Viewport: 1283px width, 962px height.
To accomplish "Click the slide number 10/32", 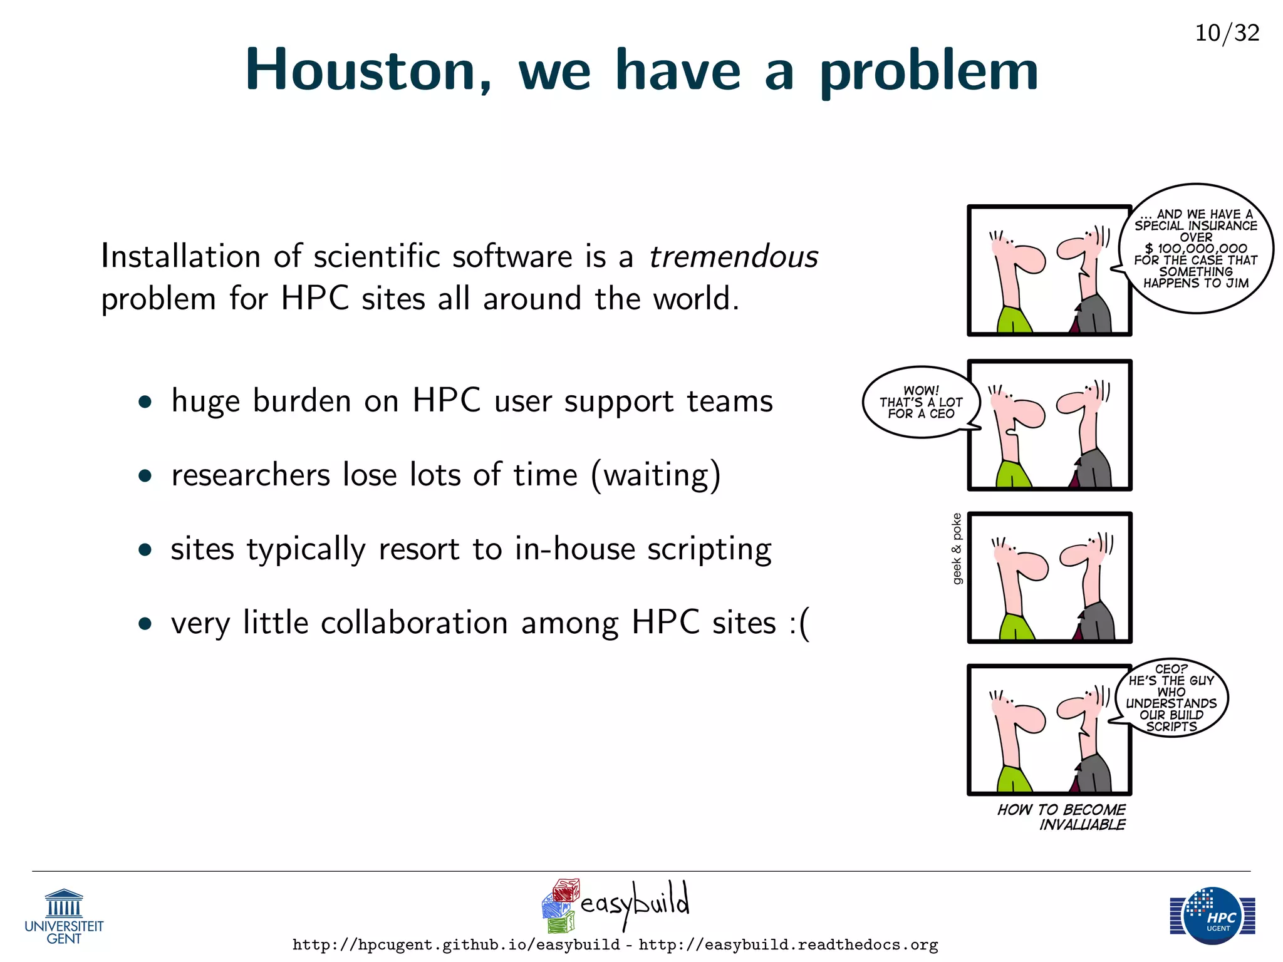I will pyautogui.click(x=1227, y=33).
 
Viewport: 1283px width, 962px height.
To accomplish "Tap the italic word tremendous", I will pyautogui.click(x=733, y=257).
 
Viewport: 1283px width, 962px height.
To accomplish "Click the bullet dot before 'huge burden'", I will pyautogui.click(x=145, y=401).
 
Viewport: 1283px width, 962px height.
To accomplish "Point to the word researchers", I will pyautogui.click(x=251, y=475).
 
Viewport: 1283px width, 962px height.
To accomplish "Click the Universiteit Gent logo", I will pyautogui.click(x=64, y=916).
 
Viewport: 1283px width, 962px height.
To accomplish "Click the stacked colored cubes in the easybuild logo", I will pyautogui.click(x=559, y=906).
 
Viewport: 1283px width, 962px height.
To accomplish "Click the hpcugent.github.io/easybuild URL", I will pyautogui.click(x=456, y=944).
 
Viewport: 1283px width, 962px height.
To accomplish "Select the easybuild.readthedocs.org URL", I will pyautogui.click(x=788, y=944).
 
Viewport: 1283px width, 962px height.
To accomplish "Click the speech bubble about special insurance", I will pyautogui.click(x=1195, y=248).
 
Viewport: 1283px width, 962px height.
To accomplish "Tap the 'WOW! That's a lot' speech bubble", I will pyautogui.click(x=920, y=401).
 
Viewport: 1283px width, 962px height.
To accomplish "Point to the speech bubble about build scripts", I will pyautogui.click(x=1171, y=698).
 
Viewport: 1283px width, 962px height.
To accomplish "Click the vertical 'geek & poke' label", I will pyautogui.click(x=957, y=549).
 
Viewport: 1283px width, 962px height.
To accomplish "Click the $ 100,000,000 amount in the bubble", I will pyautogui.click(x=1195, y=249).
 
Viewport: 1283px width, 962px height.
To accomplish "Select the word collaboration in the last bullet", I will pyautogui.click(x=414, y=624).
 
